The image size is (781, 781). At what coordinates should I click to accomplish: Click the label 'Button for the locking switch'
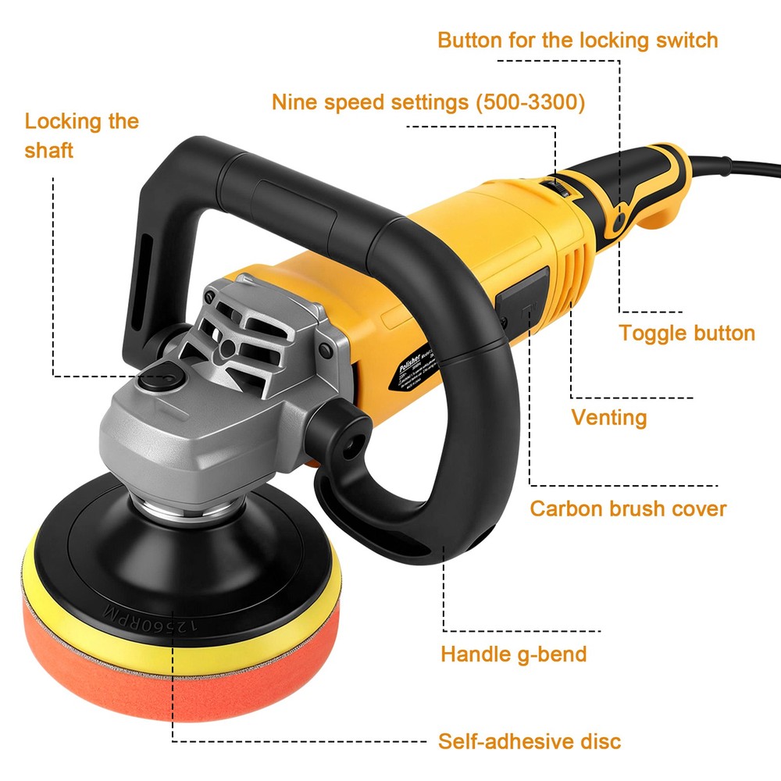coord(577,40)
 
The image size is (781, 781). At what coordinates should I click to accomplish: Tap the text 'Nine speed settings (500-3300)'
coord(428,102)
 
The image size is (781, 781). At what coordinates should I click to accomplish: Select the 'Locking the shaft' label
coord(81,135)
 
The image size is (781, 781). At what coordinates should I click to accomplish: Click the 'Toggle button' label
coord(686,333)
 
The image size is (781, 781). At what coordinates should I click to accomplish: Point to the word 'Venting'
coord(609,417)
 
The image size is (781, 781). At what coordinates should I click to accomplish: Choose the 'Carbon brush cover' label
coord(628,508)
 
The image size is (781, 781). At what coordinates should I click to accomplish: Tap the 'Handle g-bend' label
coord(513,653)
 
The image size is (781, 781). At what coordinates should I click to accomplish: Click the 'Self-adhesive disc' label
coord(530,740)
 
